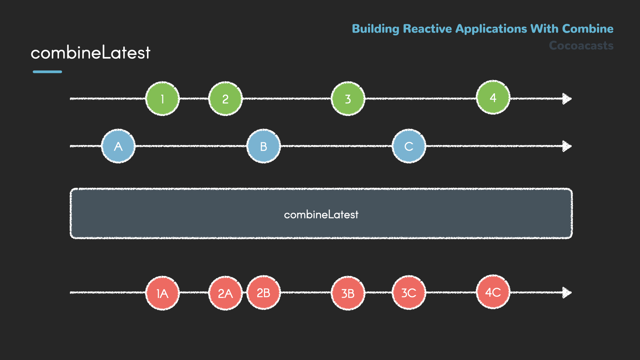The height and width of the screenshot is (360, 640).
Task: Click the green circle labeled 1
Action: click(x=162, y=99)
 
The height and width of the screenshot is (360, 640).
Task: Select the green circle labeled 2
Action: click(x=225, y=99)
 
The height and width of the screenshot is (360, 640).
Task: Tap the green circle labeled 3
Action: click(x=348, y=99)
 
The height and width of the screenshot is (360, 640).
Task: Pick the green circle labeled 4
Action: click(x=493, y=97)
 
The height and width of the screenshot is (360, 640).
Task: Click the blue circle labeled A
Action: click(x=118, y=146)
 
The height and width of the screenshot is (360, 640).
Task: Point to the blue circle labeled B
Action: click(x=263, y=146)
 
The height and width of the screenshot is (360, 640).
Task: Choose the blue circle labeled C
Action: click(x=409, y=146)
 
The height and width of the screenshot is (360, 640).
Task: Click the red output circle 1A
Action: click(x=162, y=293)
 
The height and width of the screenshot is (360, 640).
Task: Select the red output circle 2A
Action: click(x=225, y=293)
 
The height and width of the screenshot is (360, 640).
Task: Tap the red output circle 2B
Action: click(x=263, y=292)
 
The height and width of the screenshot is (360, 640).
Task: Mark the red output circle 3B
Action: click(x=348, y=293)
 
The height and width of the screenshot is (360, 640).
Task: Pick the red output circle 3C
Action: click(x=409, y=292)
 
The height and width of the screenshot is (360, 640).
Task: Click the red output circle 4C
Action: click(x=493, y=292)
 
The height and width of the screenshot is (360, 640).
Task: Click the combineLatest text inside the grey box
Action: click(x=321, y=214)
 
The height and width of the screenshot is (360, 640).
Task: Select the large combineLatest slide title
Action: click(x=90, y=53)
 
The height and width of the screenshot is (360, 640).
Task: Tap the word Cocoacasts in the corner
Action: click(x=581, y=45)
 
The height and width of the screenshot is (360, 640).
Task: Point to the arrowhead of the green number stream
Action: click(x=567, y=99)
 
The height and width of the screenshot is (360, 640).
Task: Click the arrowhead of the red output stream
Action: click(x=567, y=292)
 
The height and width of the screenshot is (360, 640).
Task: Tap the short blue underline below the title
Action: click(x=47, y=72)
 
